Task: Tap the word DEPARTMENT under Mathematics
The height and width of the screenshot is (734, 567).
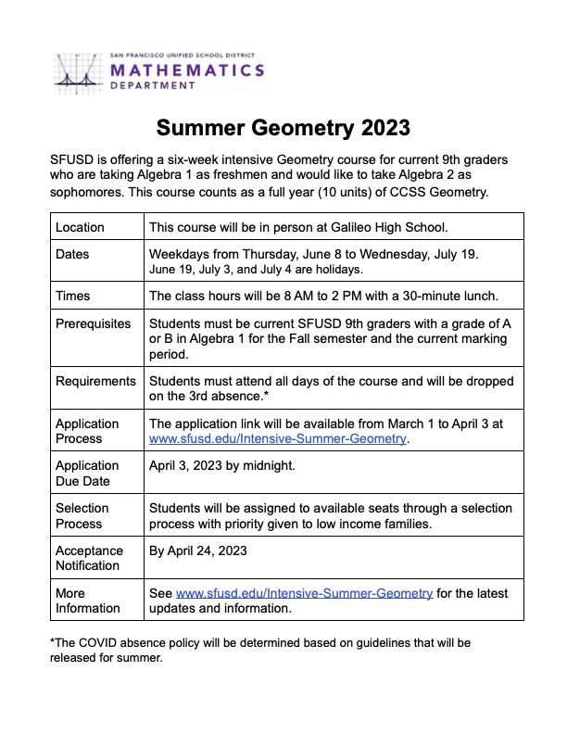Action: pyautogui.click(x=153, y=86)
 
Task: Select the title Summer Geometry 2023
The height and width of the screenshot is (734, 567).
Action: pyautogui.click(x=283, y=127)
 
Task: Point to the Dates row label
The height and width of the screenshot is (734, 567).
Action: pyautogui.click(x=73, y=254)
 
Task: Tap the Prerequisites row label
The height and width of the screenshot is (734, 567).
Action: pyautogui.click(x=93, y=323)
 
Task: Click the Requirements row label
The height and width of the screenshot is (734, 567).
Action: pyautogui.click(x=95, y=381)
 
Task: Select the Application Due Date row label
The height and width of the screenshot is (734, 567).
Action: pyautogui.click(x=87, y=473)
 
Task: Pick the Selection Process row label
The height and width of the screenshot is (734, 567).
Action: pyautogui.click(x=82, y=515)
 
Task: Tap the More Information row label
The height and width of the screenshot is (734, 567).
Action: pyautogui.click(x=87, y=601)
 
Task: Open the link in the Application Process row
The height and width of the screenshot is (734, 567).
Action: pyautogui.click(x=277, y=438)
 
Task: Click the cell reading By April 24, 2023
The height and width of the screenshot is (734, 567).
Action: pyautogui.click(x=198, y=550)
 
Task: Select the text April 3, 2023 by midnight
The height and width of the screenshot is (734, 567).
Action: pyautogui.click(x=222, y=465)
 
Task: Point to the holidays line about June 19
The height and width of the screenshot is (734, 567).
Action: pyautogui.click(x=256, y=270)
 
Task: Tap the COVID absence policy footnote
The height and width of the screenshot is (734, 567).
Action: pyautogui.click(x=259, y=650)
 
